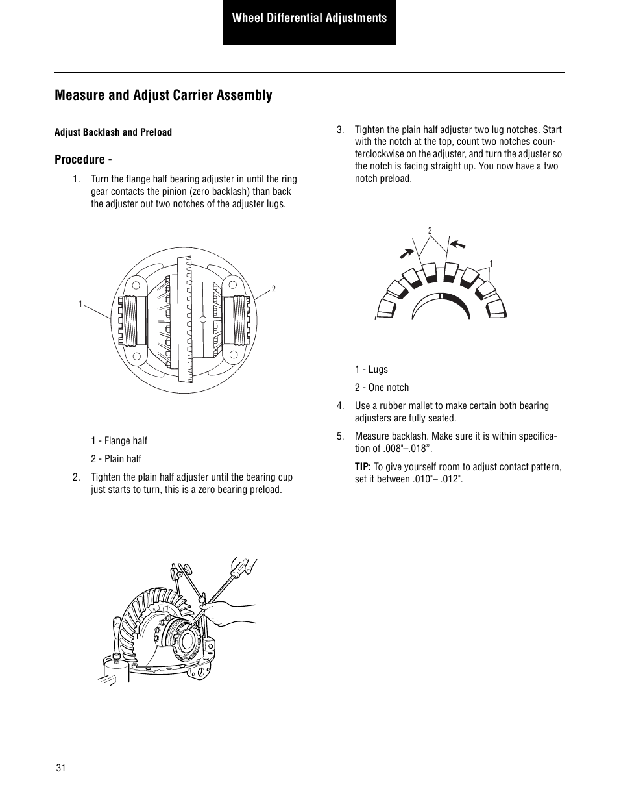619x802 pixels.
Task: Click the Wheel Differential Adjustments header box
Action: coord(309,19)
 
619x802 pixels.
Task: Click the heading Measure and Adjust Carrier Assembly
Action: coord(164,95)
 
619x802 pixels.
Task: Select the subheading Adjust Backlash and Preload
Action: coord(113,132)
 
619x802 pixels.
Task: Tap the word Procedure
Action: coord(79,160)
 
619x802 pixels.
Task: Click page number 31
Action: coord(61,768)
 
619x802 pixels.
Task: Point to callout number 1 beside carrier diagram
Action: coord(81,304)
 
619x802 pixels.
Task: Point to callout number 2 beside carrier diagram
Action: coord(274,289)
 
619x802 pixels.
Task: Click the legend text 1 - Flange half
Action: coord(119,441)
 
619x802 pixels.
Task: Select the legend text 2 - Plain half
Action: coord(115,459)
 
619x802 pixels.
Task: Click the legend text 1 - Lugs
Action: coord(371,370)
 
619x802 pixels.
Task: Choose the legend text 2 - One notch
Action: coord(382,388)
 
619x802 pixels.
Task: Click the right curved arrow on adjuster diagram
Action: coord(458,244)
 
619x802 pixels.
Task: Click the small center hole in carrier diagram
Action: coord(202,320)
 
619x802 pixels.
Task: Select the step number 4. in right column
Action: coord(340,406)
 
